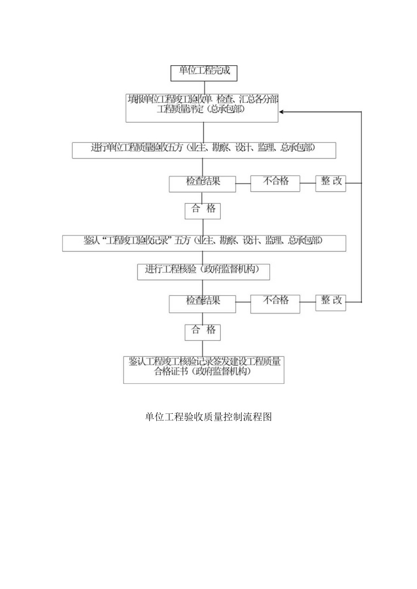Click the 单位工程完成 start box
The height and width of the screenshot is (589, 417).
(x=204, y=73)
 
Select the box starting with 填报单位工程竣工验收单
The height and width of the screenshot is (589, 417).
(x=202, y=108)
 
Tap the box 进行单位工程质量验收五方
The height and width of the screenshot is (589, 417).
(x=204, y=150)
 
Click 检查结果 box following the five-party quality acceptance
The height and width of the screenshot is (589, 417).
(x=202, y=184)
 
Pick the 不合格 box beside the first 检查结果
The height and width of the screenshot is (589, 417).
(x=275, y=184)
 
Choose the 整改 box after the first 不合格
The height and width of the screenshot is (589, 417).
(x=331, y=183)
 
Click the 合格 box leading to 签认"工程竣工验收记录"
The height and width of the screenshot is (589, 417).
(x=203, y=211)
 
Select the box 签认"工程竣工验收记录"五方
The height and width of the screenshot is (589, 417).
(x=204, y=243)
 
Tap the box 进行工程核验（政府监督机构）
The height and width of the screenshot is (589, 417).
(x=204, y=272)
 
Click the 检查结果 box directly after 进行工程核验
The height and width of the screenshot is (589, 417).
(x=202, y=303)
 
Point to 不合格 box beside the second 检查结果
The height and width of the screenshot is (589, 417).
(x=275, y=303)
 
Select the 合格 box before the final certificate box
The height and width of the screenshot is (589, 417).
(x=203, y=332)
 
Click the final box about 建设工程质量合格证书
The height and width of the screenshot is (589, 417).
(x=204, y=369)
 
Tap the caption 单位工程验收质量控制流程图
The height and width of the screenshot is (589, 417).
(x=208, y=417)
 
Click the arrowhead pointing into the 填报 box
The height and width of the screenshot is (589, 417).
(x=282, y=111)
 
